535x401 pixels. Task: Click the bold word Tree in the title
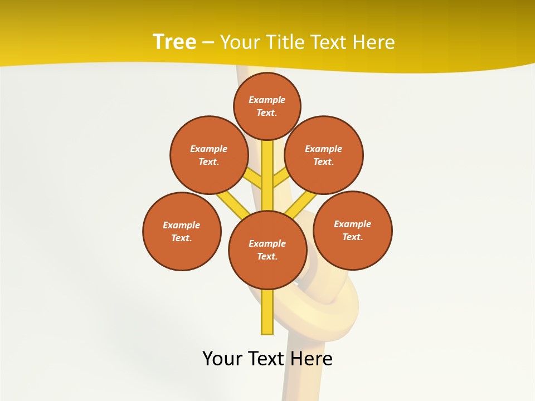(x=174, y=42)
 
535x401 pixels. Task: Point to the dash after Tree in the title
(x=208, y=43)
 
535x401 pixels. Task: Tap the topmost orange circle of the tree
(x=267, y=106)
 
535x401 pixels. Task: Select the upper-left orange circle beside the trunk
(x=209, y=155)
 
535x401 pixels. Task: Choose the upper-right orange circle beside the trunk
(x=324, y=155)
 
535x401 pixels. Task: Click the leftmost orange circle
(x=182, y=231)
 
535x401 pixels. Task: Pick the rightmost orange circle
(x=353, y=230)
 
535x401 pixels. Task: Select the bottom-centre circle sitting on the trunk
(x=267, y=250)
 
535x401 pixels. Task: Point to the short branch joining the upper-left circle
(x=254, y=179)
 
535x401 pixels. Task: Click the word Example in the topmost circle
(x=267, y=100)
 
